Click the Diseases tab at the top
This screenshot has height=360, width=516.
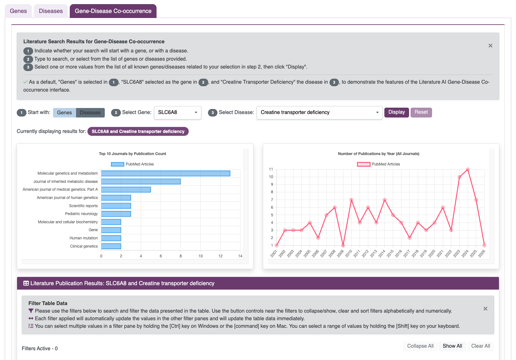point(50,11)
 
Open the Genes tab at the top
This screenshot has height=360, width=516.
point(18,11)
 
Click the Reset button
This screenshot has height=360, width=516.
point(421,112)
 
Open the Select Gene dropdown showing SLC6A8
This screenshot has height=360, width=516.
point(177,112)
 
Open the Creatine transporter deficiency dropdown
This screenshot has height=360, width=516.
point(319,112)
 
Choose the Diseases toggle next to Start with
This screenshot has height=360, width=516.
point(90,112)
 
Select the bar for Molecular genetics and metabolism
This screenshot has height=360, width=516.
point(165,173)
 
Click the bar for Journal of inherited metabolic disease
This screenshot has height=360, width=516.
point(141,182)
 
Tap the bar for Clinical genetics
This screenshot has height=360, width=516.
point(111,246)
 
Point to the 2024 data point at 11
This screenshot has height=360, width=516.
point(468,170)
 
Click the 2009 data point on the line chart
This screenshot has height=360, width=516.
point(343,245)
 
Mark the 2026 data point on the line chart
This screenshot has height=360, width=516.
point(484,245)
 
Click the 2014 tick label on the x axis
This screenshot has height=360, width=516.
point(382,253)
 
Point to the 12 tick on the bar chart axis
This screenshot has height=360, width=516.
point(220,256)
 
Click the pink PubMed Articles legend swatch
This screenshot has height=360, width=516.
point(364,164)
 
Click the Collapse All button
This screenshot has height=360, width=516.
point(420,346)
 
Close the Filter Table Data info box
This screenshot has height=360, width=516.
point(485,309)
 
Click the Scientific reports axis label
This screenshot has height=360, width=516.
point(83,206)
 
